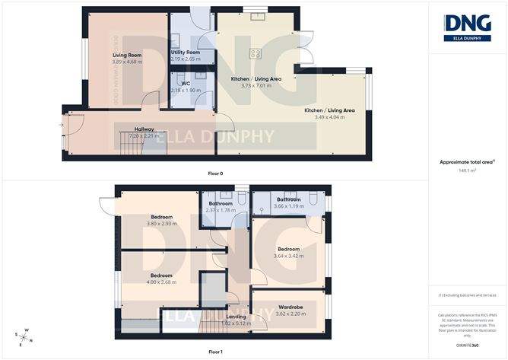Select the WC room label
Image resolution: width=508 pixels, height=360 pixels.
click(185, 84)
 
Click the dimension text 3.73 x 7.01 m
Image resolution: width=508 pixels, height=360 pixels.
click(257, 86)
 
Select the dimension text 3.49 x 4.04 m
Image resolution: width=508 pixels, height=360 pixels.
click(329, 118)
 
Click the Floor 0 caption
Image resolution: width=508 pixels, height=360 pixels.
click(215, 174)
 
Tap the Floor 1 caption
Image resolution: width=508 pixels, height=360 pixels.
click(215, 352)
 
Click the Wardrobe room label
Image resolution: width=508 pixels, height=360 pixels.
click(291, 307)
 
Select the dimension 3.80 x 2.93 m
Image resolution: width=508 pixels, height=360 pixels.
click(161, 224)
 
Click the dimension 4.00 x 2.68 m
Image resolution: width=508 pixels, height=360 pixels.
click(161, 282)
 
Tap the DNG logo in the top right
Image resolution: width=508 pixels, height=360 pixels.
click(466, 26)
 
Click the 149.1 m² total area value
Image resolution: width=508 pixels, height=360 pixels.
click(466, 171)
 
